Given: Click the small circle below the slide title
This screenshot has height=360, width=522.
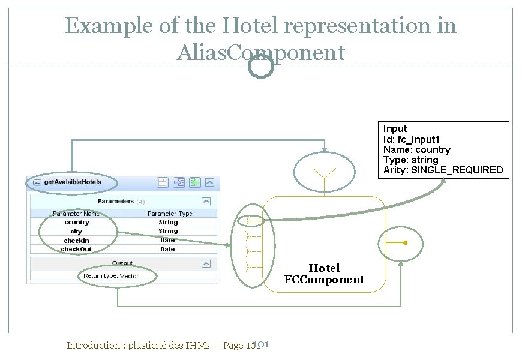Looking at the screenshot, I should [260, 66].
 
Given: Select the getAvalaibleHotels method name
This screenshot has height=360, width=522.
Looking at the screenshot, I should [73, 182].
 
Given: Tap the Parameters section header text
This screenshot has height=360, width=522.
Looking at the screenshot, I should [116, 202].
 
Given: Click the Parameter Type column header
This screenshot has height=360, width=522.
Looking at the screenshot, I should [170, 214].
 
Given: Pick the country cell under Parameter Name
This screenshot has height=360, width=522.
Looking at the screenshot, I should [77, 223].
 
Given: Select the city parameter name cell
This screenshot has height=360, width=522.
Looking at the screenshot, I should [77, 232].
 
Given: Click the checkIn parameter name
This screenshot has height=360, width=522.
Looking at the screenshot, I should [77, 241].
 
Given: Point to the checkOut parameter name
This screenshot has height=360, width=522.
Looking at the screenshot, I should [77, 249].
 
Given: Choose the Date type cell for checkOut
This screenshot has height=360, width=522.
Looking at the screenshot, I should [168, 249].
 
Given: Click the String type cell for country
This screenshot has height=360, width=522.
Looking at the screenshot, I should [168, 223].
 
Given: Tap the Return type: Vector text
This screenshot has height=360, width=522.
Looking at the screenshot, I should [111, 276].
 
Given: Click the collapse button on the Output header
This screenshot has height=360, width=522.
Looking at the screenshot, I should [206, 263].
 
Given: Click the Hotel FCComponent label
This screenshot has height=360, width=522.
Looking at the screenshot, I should [324, 274].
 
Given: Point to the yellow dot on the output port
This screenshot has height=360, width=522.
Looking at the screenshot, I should [406, 243].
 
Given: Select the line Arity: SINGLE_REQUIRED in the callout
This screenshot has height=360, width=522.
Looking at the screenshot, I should [443, 170].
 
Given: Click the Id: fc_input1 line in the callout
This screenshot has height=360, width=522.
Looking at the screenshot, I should [415, 139].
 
